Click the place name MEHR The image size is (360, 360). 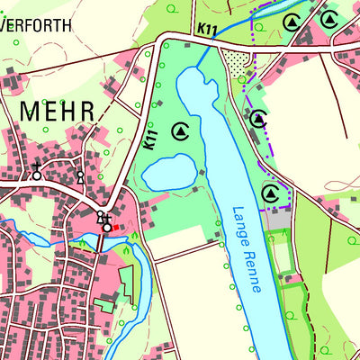click(57, 111)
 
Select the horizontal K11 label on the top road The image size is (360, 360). click(208, 31)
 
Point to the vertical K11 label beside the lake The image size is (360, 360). click(150, 138)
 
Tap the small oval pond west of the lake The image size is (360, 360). click(168, 171)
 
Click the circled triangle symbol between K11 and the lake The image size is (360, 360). click(180, 131)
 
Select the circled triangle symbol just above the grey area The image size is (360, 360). click(269, 193)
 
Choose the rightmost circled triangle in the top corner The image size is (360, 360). click(329, 19)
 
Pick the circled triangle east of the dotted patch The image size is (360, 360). click(259, 118)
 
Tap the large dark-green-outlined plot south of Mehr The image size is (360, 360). click(127, 286)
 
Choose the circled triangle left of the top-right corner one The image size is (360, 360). click(292, 22)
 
